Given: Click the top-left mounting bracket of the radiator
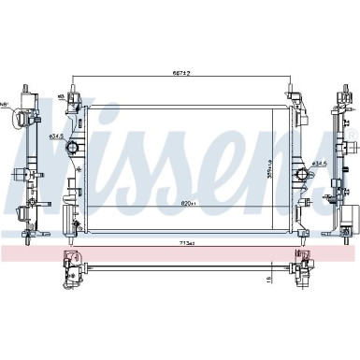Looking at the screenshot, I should pos(74,96).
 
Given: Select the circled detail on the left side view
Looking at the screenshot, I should pos(18,119).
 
